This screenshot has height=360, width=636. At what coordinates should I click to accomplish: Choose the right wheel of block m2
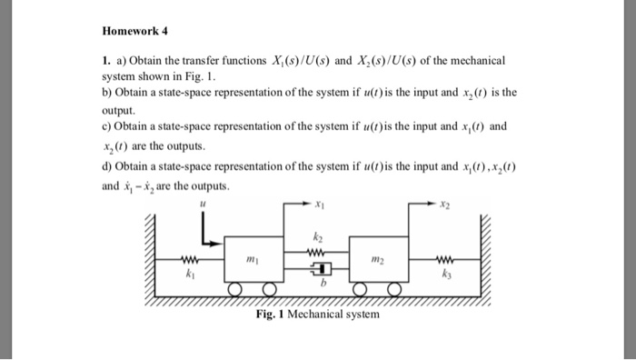(x=393, y=290)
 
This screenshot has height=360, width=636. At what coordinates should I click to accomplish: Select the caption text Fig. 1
(x=270, y=315)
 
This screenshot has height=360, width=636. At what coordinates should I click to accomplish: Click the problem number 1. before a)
(x=104, y=59)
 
